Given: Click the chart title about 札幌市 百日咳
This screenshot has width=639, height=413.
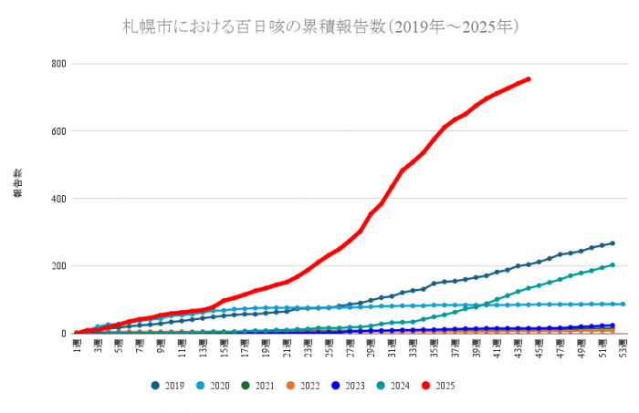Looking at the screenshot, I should pos(321,26).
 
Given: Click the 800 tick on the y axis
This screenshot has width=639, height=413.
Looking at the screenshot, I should pos(60,64).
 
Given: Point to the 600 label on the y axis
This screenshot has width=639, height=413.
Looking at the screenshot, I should pos(60,131).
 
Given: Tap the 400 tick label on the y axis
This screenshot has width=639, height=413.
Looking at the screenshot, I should pos(60,199).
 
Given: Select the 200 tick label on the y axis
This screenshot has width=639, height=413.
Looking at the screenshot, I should pos(60,266).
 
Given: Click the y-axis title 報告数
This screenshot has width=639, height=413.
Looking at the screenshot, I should pos(17,182).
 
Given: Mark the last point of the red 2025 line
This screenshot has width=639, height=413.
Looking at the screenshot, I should pos(528,79).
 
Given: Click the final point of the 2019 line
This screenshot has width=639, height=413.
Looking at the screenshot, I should pos(613,243).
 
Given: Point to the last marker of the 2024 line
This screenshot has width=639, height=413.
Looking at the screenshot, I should pos(613,265).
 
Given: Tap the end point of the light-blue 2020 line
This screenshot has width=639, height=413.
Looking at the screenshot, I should pos(623,305).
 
